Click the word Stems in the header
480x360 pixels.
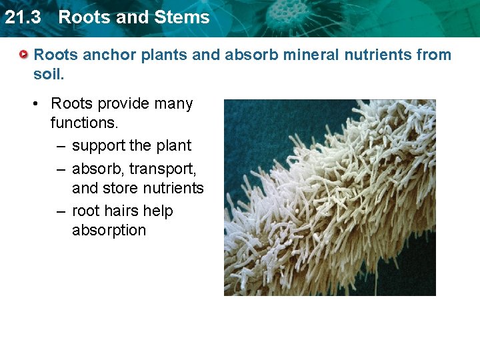click(x=186, y=17)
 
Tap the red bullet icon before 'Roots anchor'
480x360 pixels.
click(x=24, y=55)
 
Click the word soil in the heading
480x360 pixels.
click(x=46, y=74)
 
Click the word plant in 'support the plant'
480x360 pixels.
click(x=173, y=146)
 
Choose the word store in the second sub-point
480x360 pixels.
click(x=120, y=189)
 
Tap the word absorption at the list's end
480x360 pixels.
click(x=109, y=231)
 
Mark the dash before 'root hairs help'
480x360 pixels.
click(x=60, y=212)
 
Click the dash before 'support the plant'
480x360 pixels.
click(x=60, y=146)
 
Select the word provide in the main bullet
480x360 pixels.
click(x=123, y=104)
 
